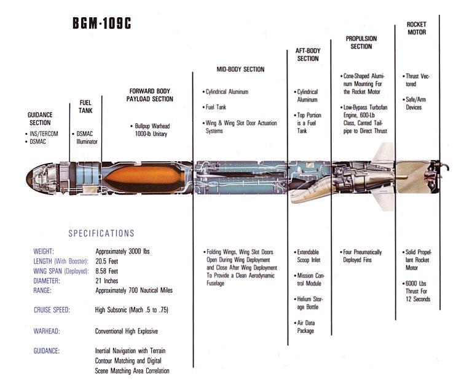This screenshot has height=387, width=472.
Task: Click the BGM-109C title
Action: pos(102,23)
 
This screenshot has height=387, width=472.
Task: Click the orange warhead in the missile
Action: pos(144,178)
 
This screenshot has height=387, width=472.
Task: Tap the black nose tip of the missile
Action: pos(29,178)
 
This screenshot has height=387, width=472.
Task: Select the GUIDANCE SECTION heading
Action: pos(40,119)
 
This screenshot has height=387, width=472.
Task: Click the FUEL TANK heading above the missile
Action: pos(85,106)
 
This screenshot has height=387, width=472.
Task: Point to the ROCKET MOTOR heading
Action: pos(417,28)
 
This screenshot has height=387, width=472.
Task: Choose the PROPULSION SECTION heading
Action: pos(361,42)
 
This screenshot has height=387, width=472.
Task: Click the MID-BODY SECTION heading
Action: pos(240,70)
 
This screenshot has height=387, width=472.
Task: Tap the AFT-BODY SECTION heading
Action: pos(308,55)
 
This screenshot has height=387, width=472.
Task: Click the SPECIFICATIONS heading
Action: pos(101,233)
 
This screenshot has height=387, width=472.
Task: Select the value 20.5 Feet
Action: pos(107,261)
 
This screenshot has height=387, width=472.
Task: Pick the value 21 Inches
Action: pos(107,281)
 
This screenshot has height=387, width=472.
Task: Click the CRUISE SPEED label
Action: pos(52,310)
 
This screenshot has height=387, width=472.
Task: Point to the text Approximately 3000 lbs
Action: pos(122,252)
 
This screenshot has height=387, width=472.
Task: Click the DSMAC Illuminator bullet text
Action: pos(85,137)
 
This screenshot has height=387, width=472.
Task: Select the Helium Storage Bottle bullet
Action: pos(309,303)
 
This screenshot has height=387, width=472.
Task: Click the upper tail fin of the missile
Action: pos(383,154)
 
